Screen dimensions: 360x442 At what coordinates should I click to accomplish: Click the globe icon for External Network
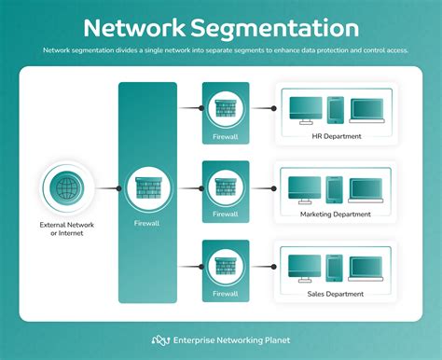(66, 187)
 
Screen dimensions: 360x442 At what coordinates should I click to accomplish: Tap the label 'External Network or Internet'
(66, 228)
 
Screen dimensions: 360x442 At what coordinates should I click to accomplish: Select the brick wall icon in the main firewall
(147, 187)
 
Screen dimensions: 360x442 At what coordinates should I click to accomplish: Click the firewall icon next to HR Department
(226, 108)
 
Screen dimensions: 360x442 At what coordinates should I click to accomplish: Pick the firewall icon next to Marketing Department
(226, 187)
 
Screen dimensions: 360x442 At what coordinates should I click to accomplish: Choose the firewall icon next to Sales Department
(226, 266)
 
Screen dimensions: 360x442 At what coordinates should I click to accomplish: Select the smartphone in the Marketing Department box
(335, 189)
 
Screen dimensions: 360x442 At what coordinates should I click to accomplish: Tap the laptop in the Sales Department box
(366, 269)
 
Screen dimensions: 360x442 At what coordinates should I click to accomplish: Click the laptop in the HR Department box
(366, 111)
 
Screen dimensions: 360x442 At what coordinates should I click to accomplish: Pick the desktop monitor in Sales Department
(304, 269)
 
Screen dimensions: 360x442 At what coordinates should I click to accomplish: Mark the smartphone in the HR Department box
(335, 110)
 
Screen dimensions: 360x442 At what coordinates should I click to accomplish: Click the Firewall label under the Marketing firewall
(226, 215)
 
